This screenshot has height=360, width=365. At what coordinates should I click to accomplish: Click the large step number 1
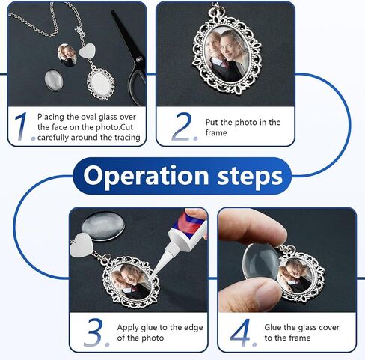(21, 126)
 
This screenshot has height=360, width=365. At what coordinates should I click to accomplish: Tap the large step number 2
(182, 126)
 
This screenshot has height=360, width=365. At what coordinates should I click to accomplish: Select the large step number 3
(93, 332)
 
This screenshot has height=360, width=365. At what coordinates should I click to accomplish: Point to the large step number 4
(240, 332)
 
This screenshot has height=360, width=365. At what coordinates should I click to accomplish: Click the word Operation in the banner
(146, 176)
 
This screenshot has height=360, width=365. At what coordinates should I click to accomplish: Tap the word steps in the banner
(251, 177)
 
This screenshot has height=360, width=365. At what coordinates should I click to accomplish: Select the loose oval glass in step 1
(54, 80)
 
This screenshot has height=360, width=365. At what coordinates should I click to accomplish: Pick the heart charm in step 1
(88, 51)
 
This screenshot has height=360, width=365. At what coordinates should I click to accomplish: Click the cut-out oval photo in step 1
(67, 55)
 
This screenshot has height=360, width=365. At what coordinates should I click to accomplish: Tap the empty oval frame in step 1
(101, 83)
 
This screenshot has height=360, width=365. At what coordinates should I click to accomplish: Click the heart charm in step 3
(82, 245)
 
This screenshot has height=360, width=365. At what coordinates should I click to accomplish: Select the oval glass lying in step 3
(103, 226)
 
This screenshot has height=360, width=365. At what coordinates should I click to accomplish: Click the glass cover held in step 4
(261, 262)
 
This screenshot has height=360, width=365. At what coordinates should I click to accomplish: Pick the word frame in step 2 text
(216, 132)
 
